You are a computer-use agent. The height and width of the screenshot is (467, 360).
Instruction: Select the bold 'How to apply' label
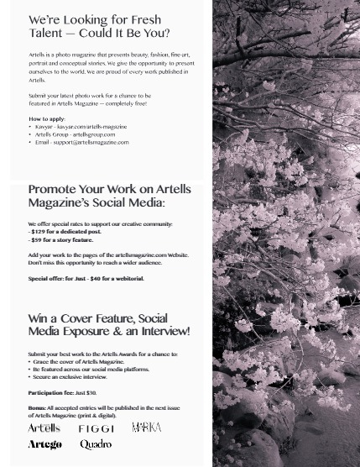point(47,119)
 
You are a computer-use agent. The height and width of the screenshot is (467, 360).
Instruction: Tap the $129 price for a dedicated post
point(39,232)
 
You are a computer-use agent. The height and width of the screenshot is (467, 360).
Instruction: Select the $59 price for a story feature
point(38,239)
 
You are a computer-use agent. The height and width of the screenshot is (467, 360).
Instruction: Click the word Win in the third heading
point(38,319)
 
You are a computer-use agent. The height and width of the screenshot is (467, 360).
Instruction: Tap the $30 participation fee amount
point(91,392)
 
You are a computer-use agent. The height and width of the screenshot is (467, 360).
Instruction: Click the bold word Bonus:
point(37,407)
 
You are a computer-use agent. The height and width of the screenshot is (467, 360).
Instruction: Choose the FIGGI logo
point(96,428)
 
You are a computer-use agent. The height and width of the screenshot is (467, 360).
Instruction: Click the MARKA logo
point(146,428)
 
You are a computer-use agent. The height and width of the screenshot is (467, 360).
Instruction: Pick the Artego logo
point(44,444)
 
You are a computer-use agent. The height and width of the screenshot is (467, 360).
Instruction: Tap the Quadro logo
point(96,444)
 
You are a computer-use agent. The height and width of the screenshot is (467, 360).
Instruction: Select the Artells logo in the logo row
point(44,428)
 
